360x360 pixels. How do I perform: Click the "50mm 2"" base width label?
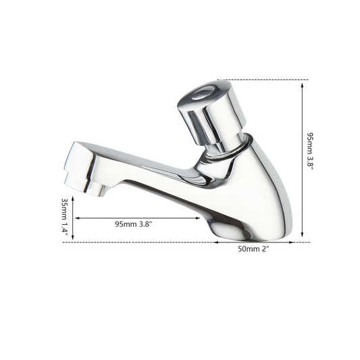point(253,249)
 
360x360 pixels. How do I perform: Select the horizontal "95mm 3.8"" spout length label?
point(133,224)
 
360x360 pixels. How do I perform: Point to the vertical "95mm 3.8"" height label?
point(310,151)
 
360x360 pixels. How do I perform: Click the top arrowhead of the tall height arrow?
point(302,84)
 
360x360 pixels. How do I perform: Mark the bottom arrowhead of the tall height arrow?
point(302,234)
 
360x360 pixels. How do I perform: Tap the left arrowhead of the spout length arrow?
point(78,218)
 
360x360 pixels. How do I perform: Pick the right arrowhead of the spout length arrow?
point(197,218)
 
